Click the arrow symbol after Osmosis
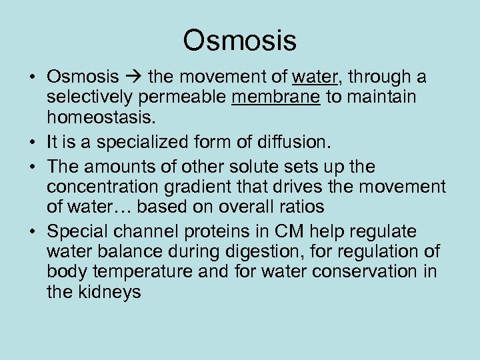[x=134, y=79]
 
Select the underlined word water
[x=313, y=78]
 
